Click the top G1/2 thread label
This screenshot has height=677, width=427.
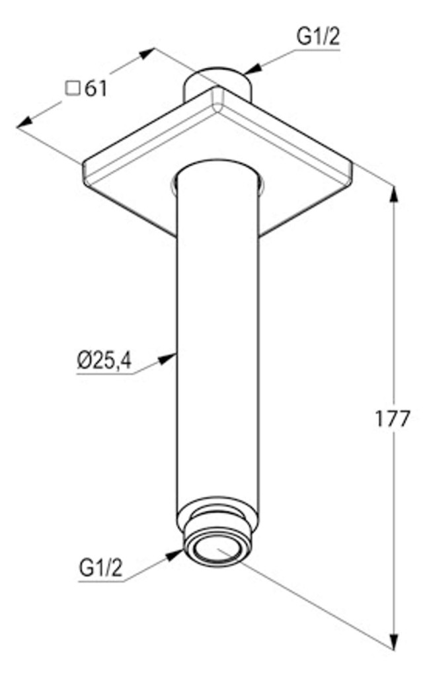pyautogui.click(x=317, y=38)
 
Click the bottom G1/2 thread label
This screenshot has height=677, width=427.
pyautogui.click(x=100, y=568)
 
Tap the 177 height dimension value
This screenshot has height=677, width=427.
pyautogui.click(x=391, y=418)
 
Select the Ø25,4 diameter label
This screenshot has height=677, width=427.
pyautogui.click(x=104, y=360)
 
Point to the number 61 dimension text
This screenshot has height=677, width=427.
pyautogui.click(x=95, y=89)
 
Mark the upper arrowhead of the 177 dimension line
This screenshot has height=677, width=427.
pyautogui.click(x=394, y=194)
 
